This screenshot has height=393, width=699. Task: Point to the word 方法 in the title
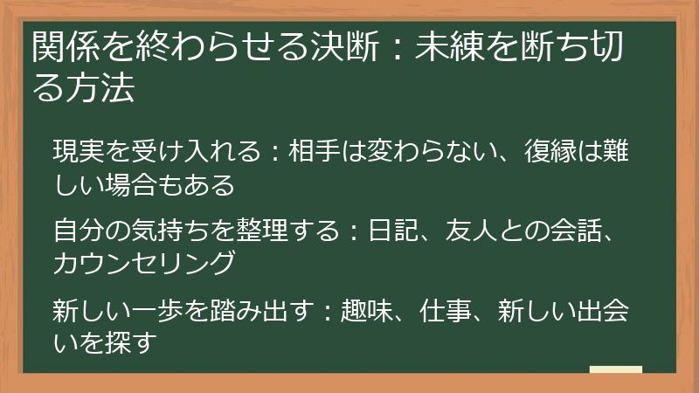[100, 86]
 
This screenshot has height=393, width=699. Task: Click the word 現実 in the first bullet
[79, 150]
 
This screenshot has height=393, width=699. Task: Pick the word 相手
[315, 150]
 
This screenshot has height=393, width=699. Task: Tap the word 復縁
[550, 150]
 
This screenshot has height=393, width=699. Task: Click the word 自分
[79, 230]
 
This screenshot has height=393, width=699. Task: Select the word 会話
[577, 230]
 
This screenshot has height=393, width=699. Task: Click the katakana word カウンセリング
[144, 263]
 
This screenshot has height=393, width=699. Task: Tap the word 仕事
[446, 310]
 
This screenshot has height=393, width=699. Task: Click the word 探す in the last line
[131, 343]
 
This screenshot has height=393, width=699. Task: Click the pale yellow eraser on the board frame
[616, 369]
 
